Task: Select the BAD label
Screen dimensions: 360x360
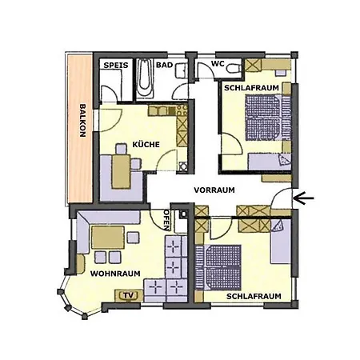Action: tap(164, 64)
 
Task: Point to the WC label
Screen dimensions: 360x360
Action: tap(218, 64)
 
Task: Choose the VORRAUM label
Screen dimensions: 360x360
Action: tap(214, 190)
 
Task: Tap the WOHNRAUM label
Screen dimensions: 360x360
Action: tap(115, 274)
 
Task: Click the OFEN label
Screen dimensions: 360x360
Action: tap(166, 218)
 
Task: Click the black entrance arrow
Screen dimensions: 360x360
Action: tap(305, 197)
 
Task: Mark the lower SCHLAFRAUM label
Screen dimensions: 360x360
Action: tap(254, 296)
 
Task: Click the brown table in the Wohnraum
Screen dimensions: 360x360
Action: tap(106, 238)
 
